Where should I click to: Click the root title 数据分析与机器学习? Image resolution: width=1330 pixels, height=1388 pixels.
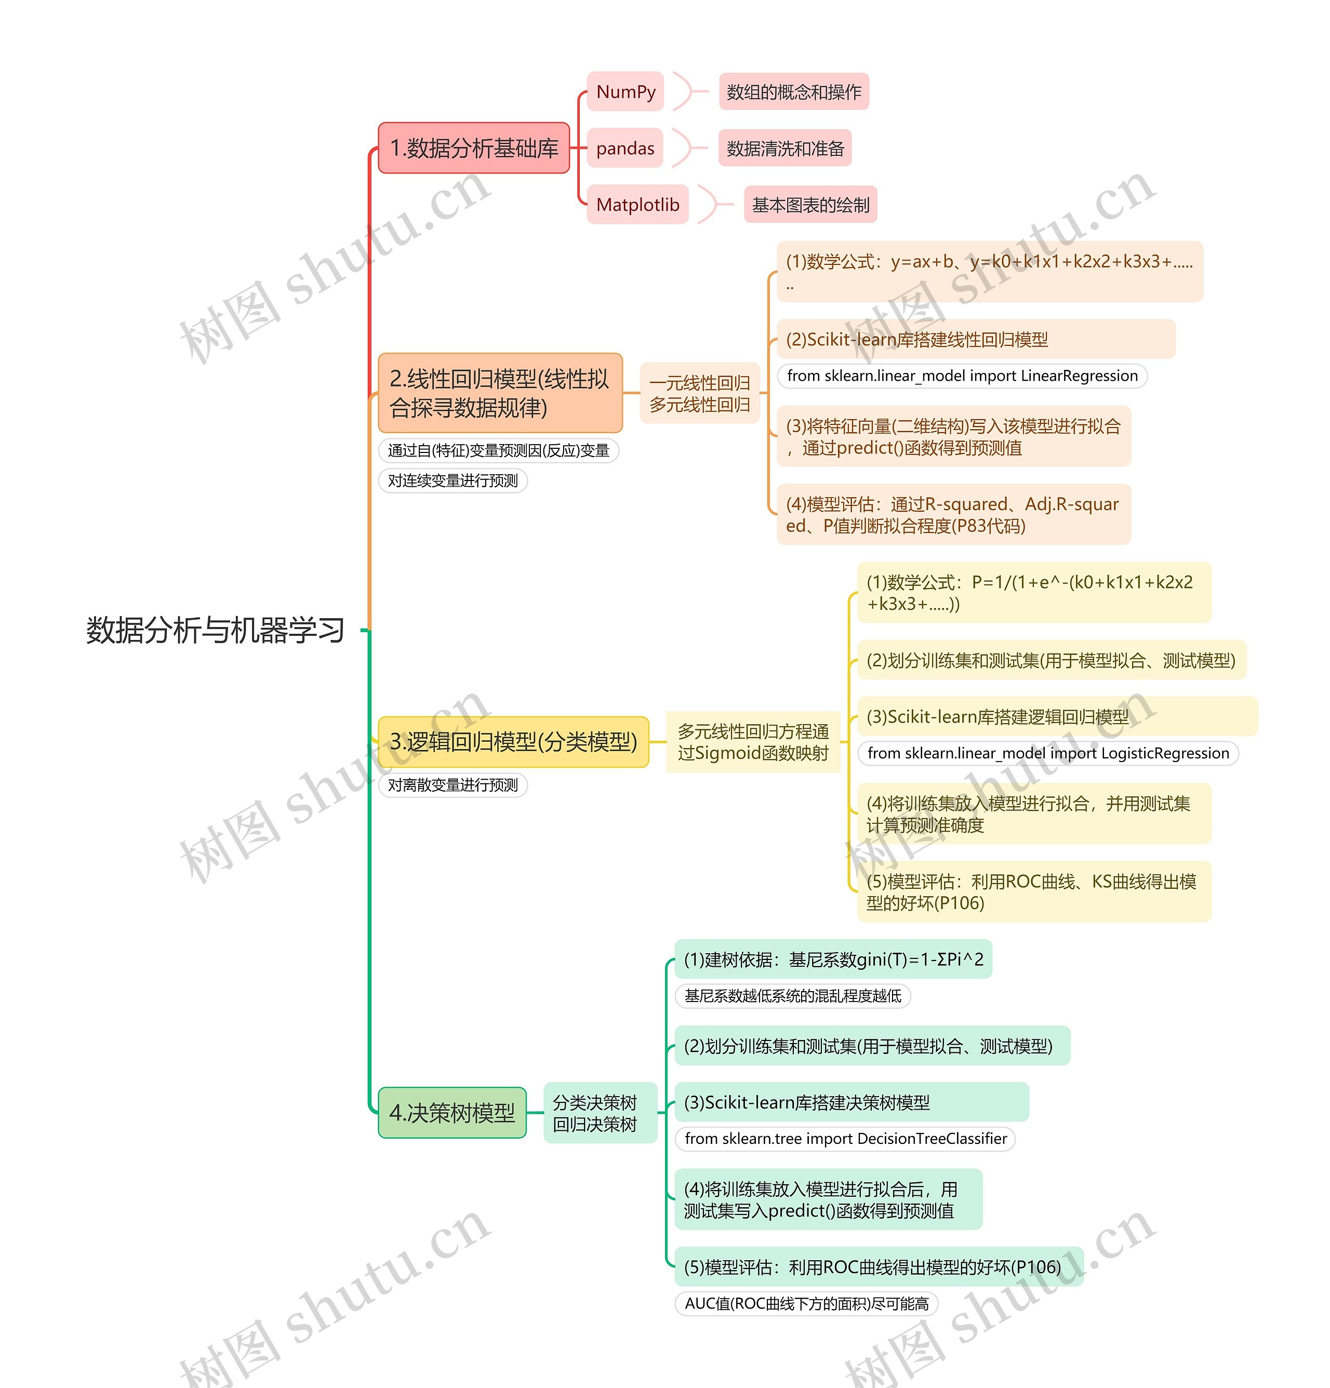(215, 630)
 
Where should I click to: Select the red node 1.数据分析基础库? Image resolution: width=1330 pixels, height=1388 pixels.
(474, 148)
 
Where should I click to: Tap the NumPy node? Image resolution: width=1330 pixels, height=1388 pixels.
(626, 91)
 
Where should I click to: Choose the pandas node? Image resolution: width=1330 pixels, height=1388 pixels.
(624, 148)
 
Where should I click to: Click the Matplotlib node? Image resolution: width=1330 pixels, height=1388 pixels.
(637, 205)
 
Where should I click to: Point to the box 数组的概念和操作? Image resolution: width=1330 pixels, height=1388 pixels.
(793, 92)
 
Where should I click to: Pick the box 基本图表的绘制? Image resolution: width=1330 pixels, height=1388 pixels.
(810, 205)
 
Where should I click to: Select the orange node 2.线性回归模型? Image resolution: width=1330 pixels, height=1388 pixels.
(500, 393)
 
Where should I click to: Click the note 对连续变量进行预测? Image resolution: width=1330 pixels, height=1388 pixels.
(453, 481)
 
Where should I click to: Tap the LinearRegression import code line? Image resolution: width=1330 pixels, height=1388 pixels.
(962, 376)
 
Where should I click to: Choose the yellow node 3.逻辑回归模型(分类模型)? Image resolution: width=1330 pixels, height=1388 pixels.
(513, 741)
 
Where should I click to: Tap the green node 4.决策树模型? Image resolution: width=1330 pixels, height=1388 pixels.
(452, 1113)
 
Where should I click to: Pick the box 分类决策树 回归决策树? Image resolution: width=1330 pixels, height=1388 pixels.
(594, 1113)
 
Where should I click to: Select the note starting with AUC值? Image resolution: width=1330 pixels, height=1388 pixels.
(806, 1304)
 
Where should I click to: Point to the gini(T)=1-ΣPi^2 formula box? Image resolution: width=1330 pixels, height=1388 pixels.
(833, 959)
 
